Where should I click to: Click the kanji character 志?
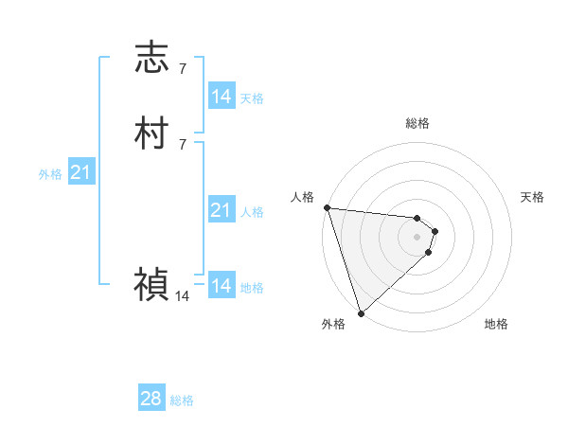[x=152, y=57]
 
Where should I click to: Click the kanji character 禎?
[x=152, y=283]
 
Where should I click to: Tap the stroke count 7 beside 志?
[x=183, y=69]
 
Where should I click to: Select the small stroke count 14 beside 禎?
[x=182, y=296]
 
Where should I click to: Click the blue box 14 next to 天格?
[x=221, y=97]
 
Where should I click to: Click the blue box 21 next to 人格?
[x=221, y=210]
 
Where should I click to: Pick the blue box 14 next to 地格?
[x=221, y=286]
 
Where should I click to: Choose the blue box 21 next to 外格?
[x=80, y=172]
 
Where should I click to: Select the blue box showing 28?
[x=151, y=400]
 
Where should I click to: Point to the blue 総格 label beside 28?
[x=183, y=400]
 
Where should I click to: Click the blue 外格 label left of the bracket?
[x=50, y=174]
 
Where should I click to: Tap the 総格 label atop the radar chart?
[x=417, y=123]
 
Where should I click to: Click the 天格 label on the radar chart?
[x=533, y=197]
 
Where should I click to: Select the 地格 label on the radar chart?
[x=496, y=324]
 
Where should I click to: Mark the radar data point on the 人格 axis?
[x=327, y=207]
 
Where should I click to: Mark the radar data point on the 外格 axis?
[x=361, y=312]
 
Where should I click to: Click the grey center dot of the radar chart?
[x=417, y=237]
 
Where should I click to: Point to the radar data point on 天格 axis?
[x=435, y=231]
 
